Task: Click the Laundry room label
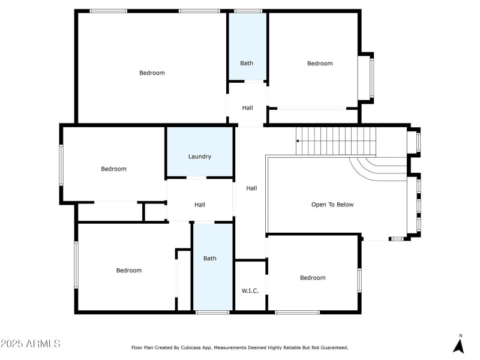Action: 200,157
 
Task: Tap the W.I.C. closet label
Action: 250,291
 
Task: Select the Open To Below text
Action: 332,205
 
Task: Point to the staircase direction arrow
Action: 298,141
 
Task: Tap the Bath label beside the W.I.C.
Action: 210,259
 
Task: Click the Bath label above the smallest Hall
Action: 247,63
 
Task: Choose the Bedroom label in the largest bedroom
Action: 152,73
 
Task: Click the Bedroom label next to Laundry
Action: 113,169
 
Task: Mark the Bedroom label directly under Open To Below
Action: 313,277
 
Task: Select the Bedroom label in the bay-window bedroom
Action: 320,64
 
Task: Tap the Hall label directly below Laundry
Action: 200,205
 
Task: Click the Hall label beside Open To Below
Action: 252,188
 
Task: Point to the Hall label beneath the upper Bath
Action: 247,108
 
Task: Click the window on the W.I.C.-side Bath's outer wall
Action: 212,312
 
